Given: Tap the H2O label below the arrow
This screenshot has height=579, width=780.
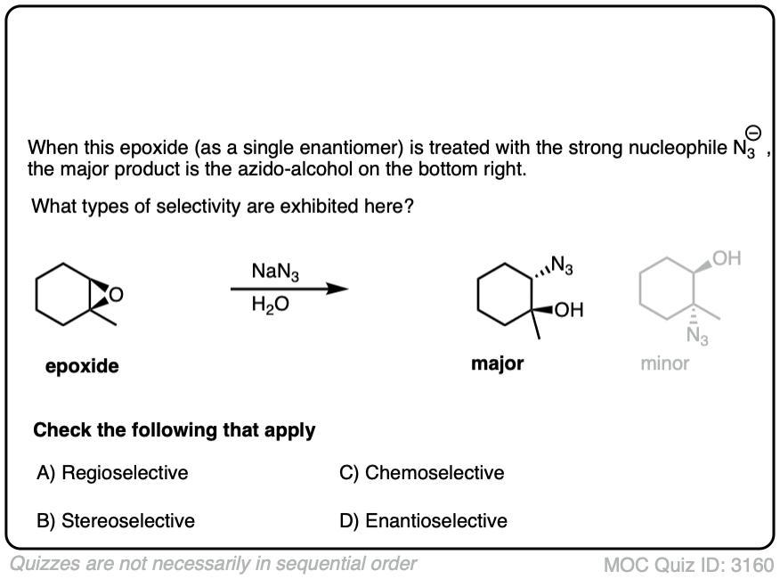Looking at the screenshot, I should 271,304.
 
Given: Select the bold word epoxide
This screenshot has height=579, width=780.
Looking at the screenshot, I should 82,366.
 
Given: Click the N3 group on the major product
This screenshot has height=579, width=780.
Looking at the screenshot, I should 563,265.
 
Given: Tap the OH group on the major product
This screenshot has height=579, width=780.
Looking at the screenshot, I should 569,310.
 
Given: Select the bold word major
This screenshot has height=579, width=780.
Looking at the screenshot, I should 498,363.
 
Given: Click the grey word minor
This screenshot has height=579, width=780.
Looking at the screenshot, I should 664,363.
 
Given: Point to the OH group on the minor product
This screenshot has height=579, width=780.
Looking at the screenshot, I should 727,259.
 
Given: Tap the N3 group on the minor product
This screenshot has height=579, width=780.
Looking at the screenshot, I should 697,336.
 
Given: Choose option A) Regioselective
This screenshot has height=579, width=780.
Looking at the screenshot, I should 112,473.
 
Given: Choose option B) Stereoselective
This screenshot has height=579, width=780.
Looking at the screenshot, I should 116,520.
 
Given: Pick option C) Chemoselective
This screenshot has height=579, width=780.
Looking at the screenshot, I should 422,473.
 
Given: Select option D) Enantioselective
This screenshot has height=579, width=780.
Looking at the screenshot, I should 424,520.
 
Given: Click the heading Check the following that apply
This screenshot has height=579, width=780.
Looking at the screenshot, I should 175,430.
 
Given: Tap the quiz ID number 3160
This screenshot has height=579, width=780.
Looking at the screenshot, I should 752,565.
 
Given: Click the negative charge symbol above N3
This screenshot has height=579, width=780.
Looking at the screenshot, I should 753,134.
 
